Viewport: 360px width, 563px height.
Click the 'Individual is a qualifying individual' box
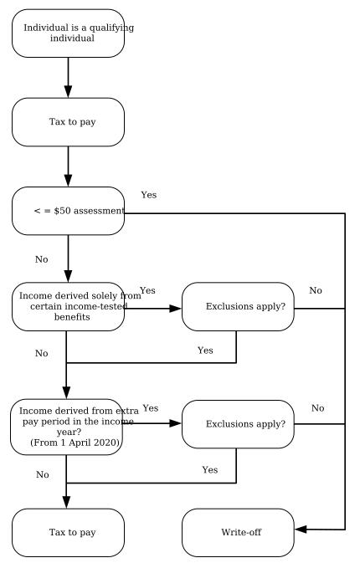tap(68, 33)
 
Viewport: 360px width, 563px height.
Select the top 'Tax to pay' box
tap(68, 122)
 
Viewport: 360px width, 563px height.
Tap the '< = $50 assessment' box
tap(68, 211)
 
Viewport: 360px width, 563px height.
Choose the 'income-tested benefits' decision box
tap(68, 307)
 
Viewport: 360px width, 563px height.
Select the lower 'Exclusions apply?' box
tap(237, 424)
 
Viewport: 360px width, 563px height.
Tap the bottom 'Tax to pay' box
tap(68, 532)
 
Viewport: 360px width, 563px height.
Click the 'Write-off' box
tap(237, 532)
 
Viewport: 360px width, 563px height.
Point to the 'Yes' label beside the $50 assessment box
tap(149, 195)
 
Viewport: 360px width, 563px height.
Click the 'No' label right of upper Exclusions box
tap(316, 290)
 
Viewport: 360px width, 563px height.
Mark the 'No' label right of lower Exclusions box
tap(318, 407)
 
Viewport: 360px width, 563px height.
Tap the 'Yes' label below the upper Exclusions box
tap(205, 351)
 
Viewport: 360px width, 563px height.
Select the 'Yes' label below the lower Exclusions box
tap(210, 470)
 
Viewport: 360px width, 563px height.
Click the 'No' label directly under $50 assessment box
tap(42, 259)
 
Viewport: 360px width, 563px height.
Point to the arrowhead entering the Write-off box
tap(300, 530)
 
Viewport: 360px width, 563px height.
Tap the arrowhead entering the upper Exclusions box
tap(176, 308)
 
